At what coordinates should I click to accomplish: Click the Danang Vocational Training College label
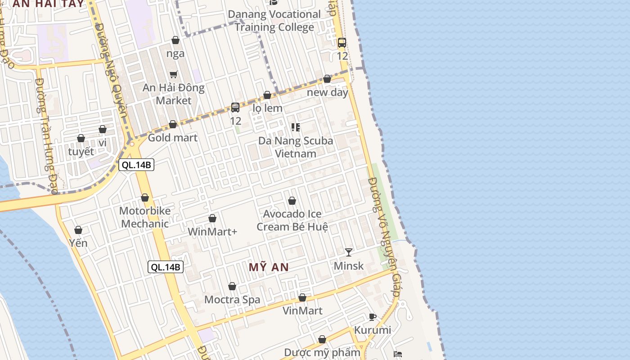tap(274, 21)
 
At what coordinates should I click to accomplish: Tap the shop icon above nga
tap(175, 40)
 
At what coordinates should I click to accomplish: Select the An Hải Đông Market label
tap(174, 94)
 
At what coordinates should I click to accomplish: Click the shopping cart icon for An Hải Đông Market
tap(173, 74)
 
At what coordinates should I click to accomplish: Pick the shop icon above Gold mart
tap(173, 124)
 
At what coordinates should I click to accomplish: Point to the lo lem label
tap(267, 108)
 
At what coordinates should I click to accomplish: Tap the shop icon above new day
tap(327, 79)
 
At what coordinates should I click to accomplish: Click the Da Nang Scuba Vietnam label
tap(296, 147)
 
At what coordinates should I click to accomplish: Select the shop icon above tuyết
tap(81, 138)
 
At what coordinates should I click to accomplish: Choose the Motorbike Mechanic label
tap(145, 217)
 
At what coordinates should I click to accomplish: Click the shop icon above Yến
tap(78, 230)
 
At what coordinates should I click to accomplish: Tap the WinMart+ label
tap(212, 232)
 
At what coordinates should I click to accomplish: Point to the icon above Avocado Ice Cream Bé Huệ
tap(292, 201)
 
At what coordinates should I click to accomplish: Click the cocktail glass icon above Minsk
tap(349, 252)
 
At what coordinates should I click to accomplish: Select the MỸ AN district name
tap(269, 267)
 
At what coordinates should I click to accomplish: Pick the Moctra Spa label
tap(232, 300)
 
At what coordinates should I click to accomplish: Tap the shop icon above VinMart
tap(302, 297)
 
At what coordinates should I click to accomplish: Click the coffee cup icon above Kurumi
tap(372, 317)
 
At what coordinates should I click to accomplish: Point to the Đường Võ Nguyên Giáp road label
tap(384, 236)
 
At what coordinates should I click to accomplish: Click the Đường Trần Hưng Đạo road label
tap(46, 135)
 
